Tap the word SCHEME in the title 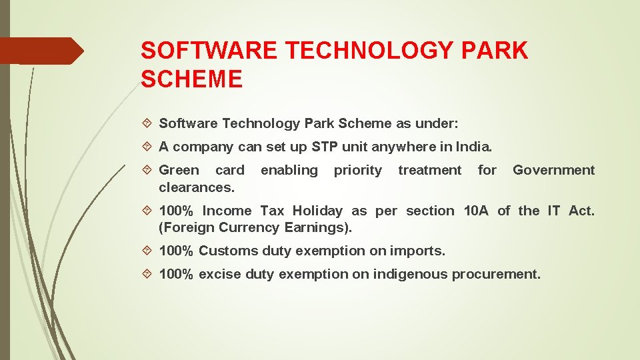pos(192,80)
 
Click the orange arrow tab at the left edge pos(41,51)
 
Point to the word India pos(473,147)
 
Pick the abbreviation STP pos(323,147)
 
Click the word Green pos(179,170)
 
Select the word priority pos(358,171)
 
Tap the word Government pos(553,170)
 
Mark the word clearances pos(197,187)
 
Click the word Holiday pos(317,211)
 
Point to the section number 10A pos(476,211)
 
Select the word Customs pos(228,251)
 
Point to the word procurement pos(496,274)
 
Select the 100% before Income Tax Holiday pos(177,211)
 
